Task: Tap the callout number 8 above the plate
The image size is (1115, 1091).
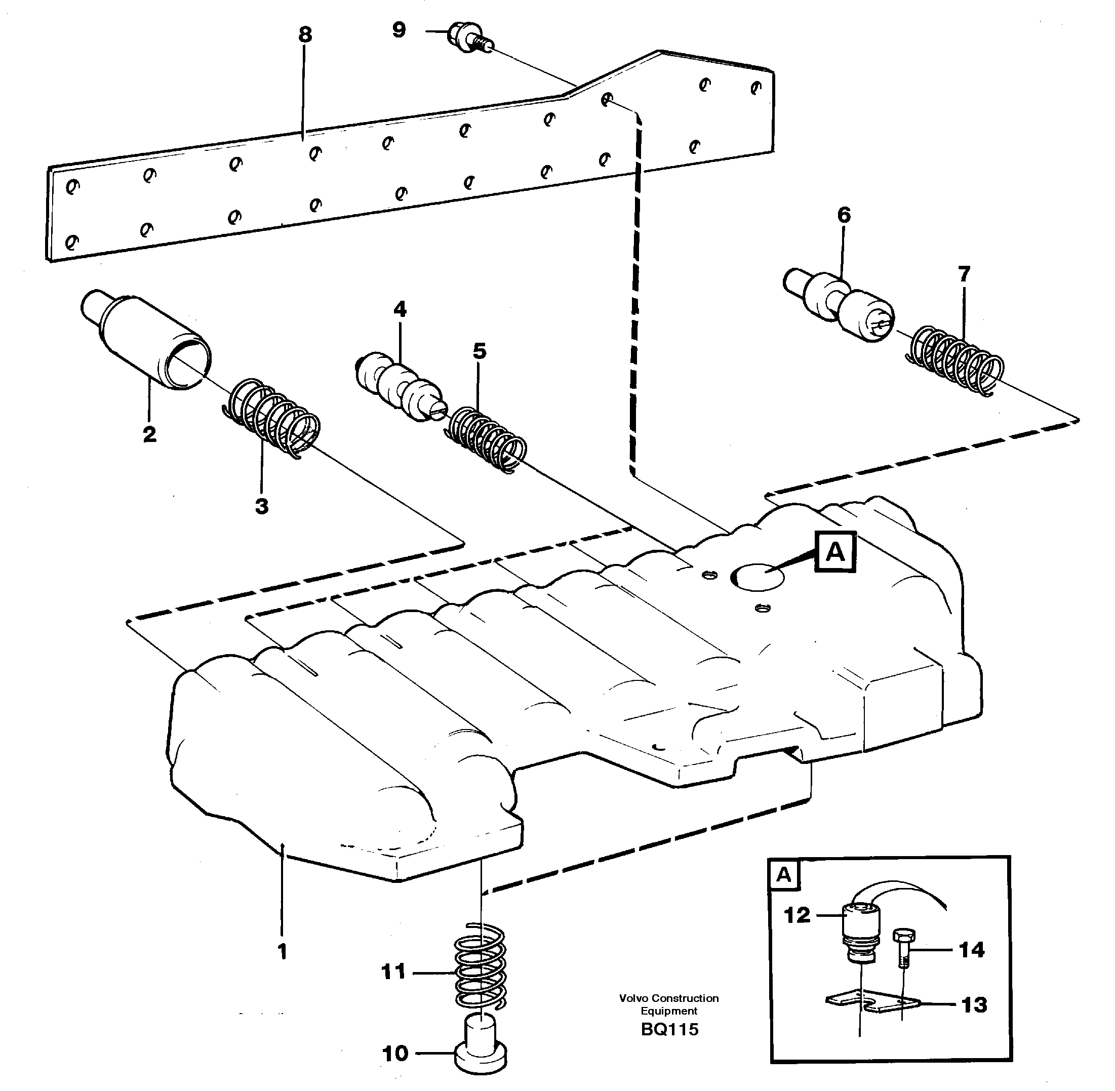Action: [x=305, y=35]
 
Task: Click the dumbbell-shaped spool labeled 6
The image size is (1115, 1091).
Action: [x=837, y=307]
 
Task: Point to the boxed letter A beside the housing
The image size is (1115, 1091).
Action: [x=835, y=552]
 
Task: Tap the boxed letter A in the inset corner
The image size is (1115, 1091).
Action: [x=784, y=875]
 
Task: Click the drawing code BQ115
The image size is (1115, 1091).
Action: [x=669, y=1030]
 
